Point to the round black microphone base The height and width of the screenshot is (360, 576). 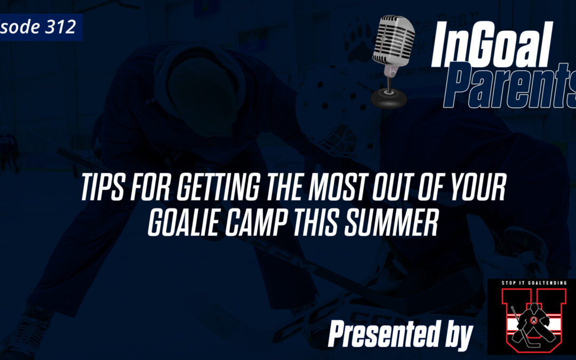click(x=389, y=98)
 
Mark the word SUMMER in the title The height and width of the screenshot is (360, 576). click(x=401, y=225)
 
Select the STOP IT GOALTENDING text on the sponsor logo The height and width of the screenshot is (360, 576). click(x=531, y=283)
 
